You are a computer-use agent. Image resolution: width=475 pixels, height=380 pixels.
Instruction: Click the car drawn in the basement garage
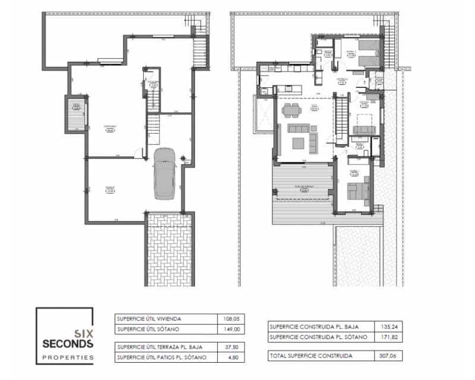[163, 174]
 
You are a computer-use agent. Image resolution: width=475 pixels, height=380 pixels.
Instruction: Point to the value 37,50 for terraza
[232, 346]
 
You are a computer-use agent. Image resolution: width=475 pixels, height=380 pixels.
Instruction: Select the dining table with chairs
[292, 110]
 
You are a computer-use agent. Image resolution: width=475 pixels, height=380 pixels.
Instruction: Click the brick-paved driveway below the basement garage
[170, 249]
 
